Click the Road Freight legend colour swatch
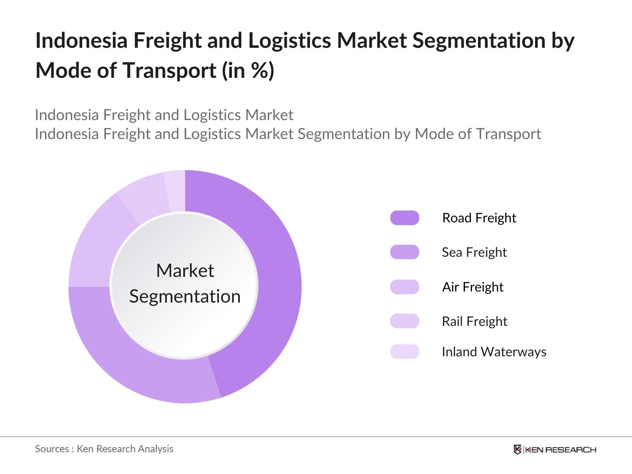[x=404, y=218]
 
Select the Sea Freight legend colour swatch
[x=404, y=252]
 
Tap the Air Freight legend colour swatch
[x=404, y=287]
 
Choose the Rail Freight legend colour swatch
[x=404, y=321]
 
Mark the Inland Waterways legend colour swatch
[x=404, y=352]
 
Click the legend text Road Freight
[x=479, y=218]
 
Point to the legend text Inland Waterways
[x=494, y=352]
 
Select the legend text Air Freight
[x=472, y=287]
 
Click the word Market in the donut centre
[x=185, y=271]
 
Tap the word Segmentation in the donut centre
[x=185, y=297]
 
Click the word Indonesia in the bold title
[x=81, y=41]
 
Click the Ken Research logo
[x=555, y=450]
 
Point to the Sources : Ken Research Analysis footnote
[x=104, y=449]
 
